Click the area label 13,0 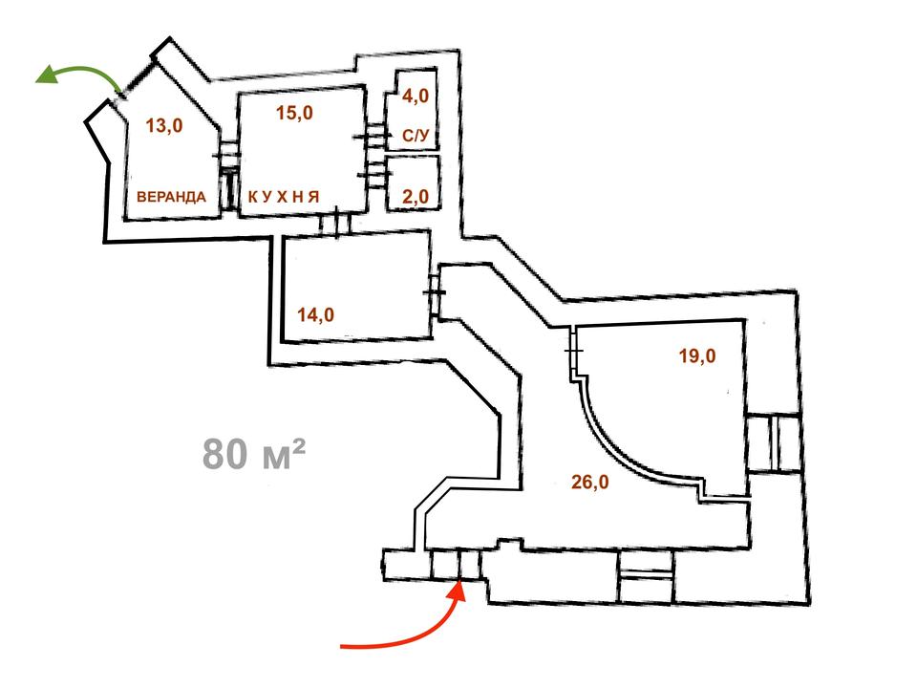(x=164, y=125)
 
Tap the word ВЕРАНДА (x=171, y=197)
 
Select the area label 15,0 (x=295, y=113)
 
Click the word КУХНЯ (x=284, y=197)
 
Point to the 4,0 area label (x=416, y=96)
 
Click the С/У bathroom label (x=416, y=136)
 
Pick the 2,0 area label (x=416, y=197)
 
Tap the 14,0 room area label (x=316, y=314)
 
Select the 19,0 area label (x=697, y=355)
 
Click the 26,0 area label (x=590, y=482)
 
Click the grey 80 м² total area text (x=254, y=453)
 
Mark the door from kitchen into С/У (x=372, y=137)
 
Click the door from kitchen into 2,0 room (x=374, y=174)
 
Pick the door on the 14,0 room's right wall (x=434, y=292)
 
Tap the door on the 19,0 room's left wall (x=574, y=351)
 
